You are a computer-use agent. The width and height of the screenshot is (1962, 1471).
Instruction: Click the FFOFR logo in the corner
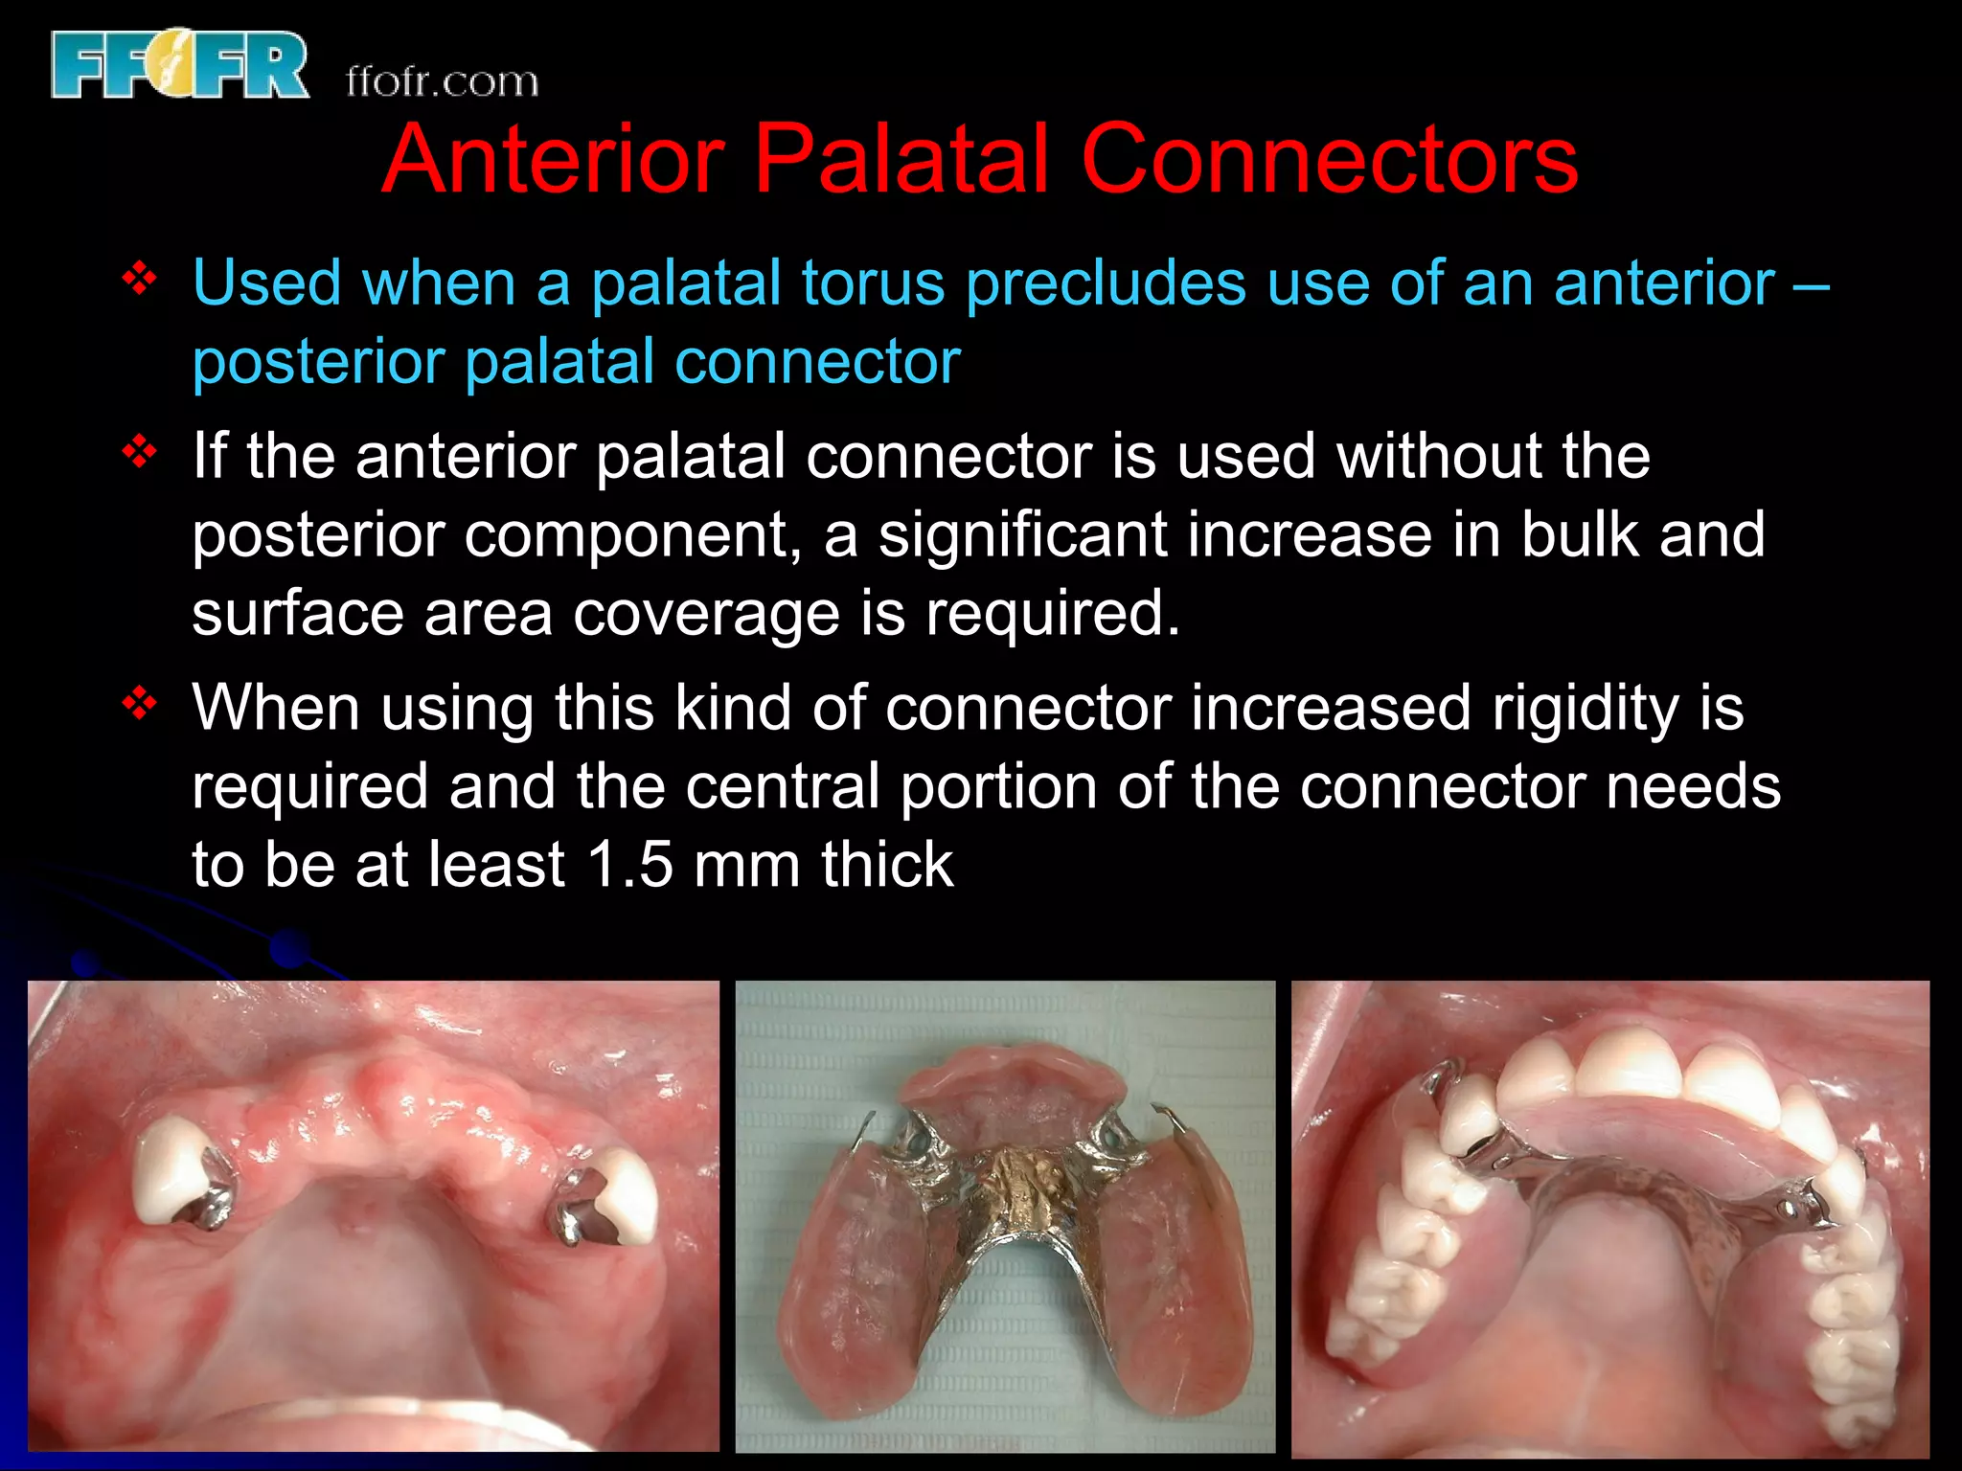point(180,65)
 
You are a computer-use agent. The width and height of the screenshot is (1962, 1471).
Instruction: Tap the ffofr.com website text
point(442,82)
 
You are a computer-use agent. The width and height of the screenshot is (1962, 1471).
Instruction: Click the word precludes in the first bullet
point(1106,283)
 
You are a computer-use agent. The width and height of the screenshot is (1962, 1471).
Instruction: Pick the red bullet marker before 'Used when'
point(140,280)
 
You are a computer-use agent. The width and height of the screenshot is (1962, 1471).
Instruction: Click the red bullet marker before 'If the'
point(140,451)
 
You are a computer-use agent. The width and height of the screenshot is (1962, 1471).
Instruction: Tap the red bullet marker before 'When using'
point(140,704)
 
